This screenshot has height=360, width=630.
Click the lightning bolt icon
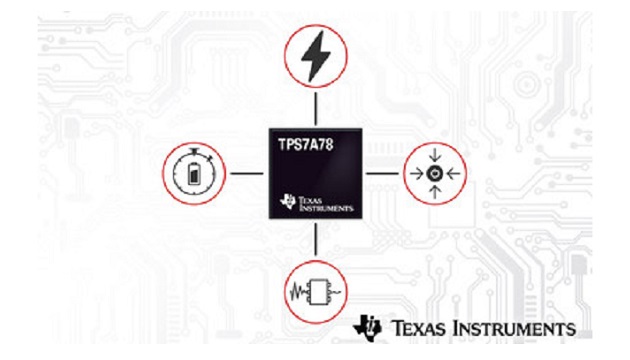(x=316, y=59)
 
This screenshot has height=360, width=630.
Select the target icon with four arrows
(x=435, y=173)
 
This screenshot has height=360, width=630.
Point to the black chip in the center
(x=315, y=174)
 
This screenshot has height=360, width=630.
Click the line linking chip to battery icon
(x=246, y=173)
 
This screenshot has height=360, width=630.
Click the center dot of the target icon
(x=435, y=173)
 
